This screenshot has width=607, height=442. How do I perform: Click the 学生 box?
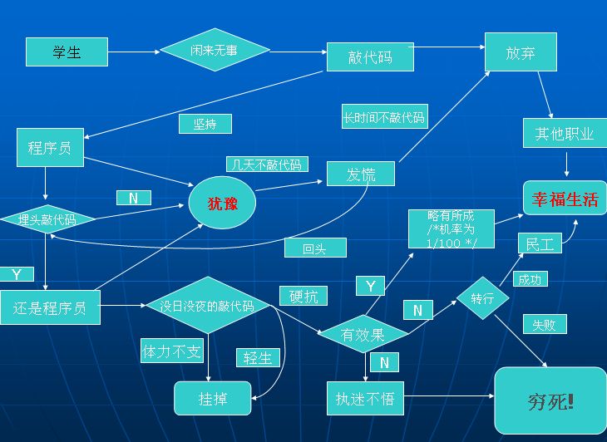point(67,52)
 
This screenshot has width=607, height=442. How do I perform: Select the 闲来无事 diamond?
point(215,50)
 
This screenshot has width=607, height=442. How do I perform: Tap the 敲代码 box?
point(370,57)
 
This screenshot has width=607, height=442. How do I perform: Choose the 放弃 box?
point(521,52)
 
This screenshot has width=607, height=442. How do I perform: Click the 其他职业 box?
point(565,134)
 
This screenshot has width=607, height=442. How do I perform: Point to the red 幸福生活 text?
point(565,199)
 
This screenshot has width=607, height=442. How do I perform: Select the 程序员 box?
point(50,147)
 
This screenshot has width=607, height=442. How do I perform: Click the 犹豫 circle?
point(222,203)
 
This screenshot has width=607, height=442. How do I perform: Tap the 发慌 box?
point(361,174)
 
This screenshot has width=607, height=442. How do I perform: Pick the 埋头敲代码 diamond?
point(47,219)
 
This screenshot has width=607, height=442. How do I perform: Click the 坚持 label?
point(205,124)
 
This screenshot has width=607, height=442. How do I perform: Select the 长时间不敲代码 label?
point(385,116)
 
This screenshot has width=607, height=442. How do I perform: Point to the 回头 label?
point(315,248)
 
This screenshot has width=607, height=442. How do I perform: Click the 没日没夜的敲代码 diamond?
point(208,305)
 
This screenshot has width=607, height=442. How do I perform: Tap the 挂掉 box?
point(213,398)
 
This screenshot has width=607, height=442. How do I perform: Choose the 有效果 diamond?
point(363,334)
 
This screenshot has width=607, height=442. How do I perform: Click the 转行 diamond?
point(482,298)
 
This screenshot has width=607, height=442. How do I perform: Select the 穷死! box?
point(550,400)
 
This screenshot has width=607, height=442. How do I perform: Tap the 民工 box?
point(540,243)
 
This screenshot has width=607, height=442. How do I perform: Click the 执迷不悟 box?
point(365,398)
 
